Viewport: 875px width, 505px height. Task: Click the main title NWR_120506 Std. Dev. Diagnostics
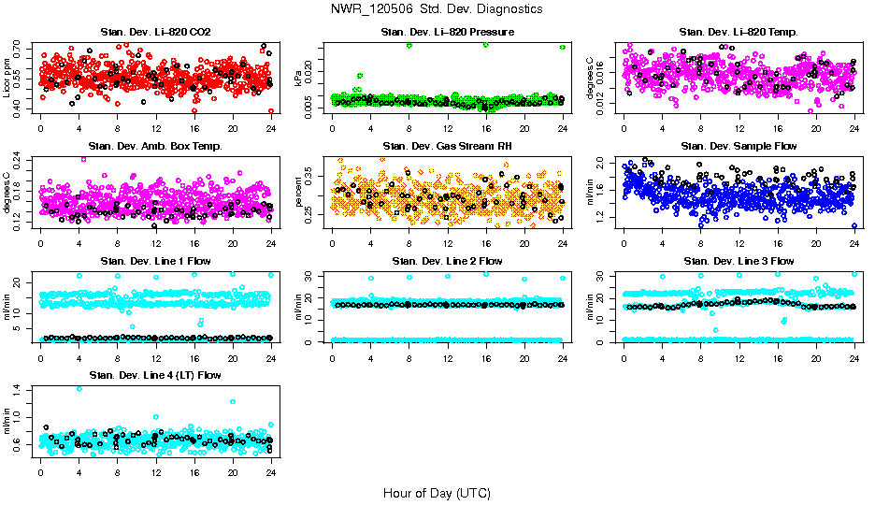point(436,8)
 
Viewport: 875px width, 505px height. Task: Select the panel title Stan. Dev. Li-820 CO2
point(155,32)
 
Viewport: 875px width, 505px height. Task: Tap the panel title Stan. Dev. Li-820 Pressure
point(447,32)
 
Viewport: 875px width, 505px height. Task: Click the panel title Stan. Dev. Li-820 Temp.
point(739,32)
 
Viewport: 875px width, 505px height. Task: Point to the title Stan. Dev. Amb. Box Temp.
point(155,146)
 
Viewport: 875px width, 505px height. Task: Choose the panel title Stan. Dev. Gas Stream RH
point(447,146)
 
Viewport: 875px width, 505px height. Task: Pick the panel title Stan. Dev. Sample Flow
point(739,146)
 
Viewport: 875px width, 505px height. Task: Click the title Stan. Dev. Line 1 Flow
point(155,261)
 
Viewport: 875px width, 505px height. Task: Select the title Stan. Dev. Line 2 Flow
point(447,261)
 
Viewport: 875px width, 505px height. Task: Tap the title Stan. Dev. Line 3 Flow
point(739,261)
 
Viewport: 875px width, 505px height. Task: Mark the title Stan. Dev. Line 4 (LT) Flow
point(155,375)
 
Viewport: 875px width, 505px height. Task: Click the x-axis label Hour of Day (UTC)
point(436,492)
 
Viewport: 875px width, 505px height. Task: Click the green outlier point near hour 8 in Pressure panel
point(409,45)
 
